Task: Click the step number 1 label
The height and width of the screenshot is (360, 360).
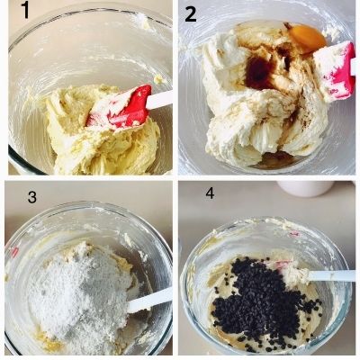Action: tap(25, 11)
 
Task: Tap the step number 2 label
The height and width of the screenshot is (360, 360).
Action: tap(191, 13)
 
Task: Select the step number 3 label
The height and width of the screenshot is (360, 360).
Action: tap(32, 197)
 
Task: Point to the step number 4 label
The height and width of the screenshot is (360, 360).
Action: tap(210, 193)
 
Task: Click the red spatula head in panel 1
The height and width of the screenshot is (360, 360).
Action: tap(120, 107)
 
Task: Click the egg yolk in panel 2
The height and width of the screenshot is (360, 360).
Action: tap(308, 39)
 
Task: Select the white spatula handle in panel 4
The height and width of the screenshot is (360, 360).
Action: tap(331, 275)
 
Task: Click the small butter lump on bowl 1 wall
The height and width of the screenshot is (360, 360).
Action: tap(159, 80)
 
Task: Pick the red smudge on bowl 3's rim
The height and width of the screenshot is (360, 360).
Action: tap(14, 252)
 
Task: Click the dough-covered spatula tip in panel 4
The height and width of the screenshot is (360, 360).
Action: tap(295, 274)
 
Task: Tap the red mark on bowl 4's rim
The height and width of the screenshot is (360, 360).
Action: tap(293, 234)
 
